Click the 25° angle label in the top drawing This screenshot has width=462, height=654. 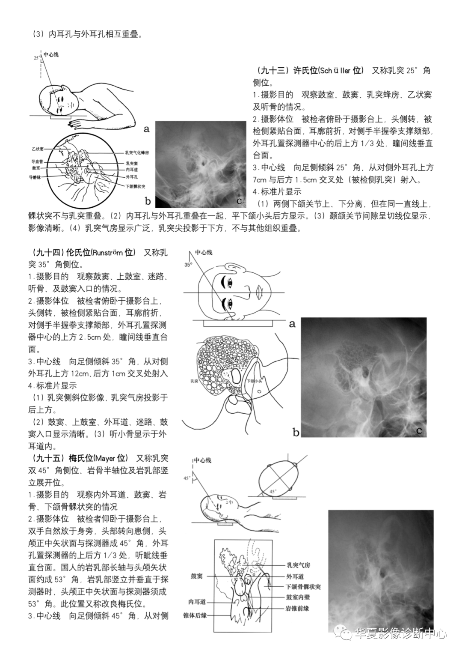tap(36, 57)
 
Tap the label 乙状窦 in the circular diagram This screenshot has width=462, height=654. tap(37, 149)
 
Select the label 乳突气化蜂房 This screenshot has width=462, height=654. tap(137, 152)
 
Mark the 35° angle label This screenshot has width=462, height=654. tap(189, 265)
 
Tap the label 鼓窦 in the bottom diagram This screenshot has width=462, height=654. tap(197, 576)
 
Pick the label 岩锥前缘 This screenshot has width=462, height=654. tap(297, 608)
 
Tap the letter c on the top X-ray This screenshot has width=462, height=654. tap(239, 201)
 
